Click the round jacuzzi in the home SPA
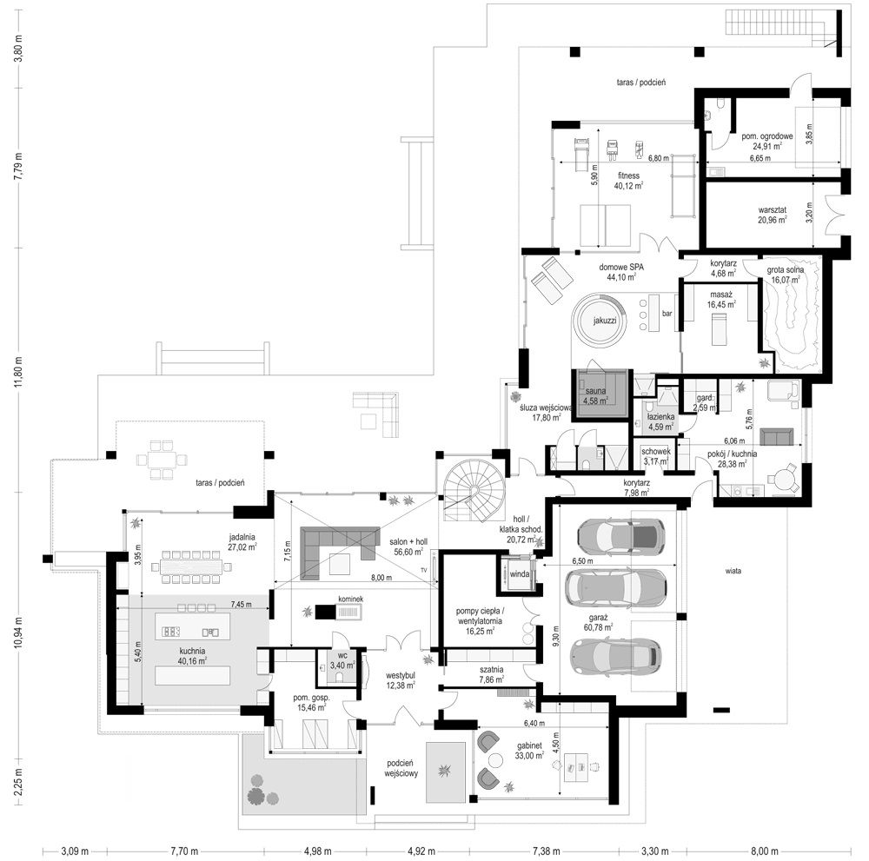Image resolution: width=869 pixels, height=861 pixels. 600,321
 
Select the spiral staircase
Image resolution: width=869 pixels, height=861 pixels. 474,491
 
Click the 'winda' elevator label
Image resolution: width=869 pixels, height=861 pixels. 520,574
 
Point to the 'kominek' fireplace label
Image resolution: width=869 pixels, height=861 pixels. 351,599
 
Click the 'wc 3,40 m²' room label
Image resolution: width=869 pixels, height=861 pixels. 342,660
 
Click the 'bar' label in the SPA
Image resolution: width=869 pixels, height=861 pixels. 667,314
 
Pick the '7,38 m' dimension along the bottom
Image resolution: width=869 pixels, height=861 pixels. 547,851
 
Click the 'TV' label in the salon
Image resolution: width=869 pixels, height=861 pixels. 424,570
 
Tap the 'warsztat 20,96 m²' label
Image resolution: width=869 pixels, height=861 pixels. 773,215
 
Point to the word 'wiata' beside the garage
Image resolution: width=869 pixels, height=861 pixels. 733,571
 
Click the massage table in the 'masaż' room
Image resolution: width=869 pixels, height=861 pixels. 719,328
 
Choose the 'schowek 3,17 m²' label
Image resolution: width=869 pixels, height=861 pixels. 656,456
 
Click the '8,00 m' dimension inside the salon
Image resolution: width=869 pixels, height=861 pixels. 381,577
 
